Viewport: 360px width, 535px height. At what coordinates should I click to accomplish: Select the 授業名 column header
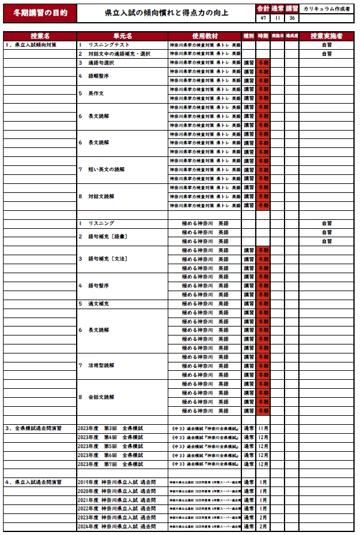[40, 36]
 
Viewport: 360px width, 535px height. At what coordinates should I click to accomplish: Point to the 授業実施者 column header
[326, 36]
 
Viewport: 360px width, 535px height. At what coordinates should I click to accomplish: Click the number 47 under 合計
[263, 18]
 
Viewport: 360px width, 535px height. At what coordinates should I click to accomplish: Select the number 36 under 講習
[292, 18]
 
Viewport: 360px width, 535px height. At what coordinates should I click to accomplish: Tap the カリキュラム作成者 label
[326, 9]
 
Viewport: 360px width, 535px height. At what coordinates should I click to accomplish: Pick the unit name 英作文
[96, 93]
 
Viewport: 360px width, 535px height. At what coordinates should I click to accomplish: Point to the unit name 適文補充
[99, 304]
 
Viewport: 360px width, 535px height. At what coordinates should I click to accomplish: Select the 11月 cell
[263, 429]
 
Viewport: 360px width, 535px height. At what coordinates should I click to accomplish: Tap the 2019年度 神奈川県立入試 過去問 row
[116, 482]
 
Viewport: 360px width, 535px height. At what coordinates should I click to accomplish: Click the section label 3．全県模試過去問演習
[33, 429]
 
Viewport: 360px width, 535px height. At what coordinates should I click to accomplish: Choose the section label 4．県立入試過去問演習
[33, 482]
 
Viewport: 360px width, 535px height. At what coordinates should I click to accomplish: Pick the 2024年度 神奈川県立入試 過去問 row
[116, 527]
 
